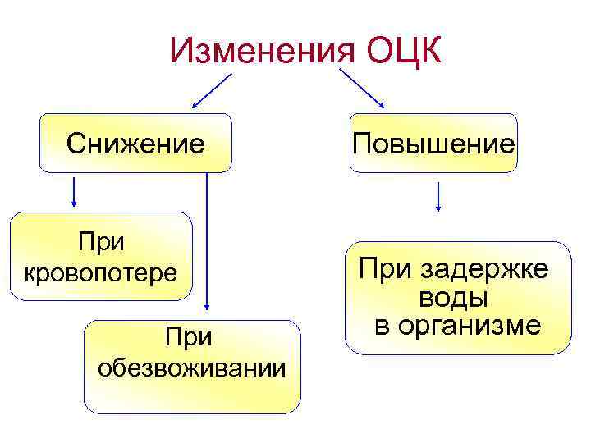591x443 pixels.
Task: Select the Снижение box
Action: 135,144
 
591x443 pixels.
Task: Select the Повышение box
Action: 433,144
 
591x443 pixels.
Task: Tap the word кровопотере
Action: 101,271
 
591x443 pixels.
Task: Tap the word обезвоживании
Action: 192,368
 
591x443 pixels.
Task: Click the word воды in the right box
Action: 455,297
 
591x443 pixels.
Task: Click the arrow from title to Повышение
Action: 362,89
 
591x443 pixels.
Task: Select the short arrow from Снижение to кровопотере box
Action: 74,191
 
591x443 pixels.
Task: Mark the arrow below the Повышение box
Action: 439,197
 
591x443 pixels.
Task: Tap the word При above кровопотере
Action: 100,242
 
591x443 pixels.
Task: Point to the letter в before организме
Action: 383,326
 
